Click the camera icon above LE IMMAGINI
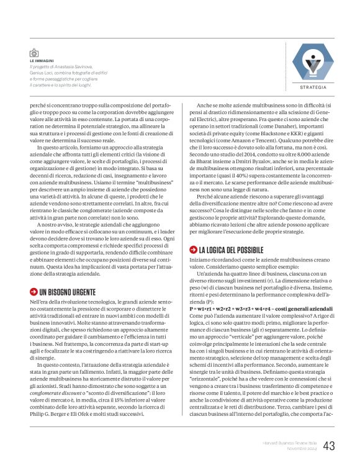tap(34, 54)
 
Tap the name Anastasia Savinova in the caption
tap(74, 67)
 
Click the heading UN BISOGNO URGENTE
tap(68, 292)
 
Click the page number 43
tap(329, 446)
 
